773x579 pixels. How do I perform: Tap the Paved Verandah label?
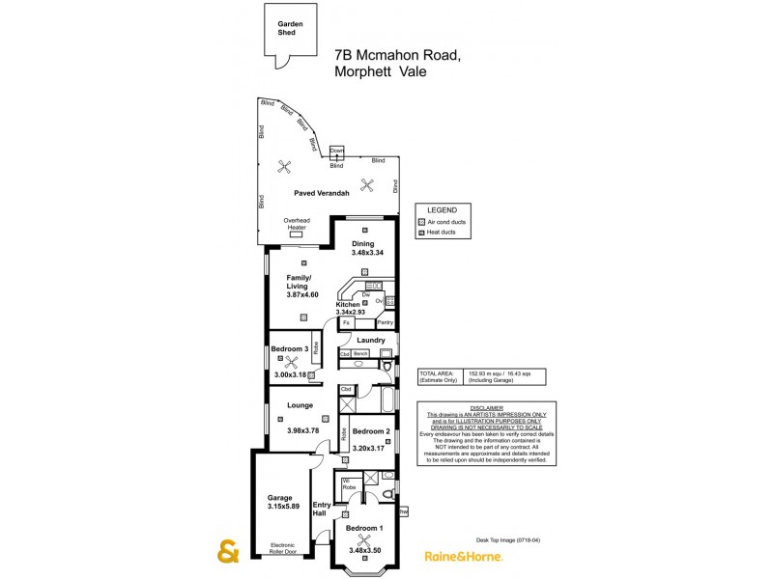[322, 194]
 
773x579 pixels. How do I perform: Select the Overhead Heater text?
[296, 224]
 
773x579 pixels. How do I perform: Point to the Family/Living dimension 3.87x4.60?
[302, 294]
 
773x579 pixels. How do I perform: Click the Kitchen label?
[348, 304]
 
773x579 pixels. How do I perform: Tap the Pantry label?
[385, 322]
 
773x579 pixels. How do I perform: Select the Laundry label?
[370, 340]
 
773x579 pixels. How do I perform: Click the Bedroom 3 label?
[289, 348]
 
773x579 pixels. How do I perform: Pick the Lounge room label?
[300, 405]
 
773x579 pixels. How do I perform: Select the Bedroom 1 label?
[365, 529]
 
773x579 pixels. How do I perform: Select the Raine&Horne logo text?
[463, 556]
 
